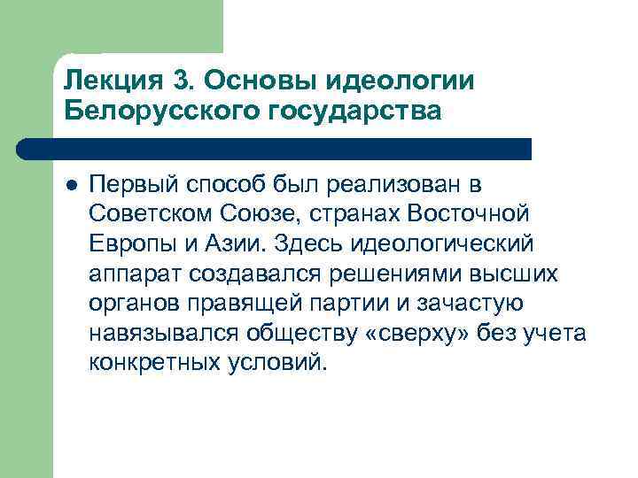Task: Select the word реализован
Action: (395, 187)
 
